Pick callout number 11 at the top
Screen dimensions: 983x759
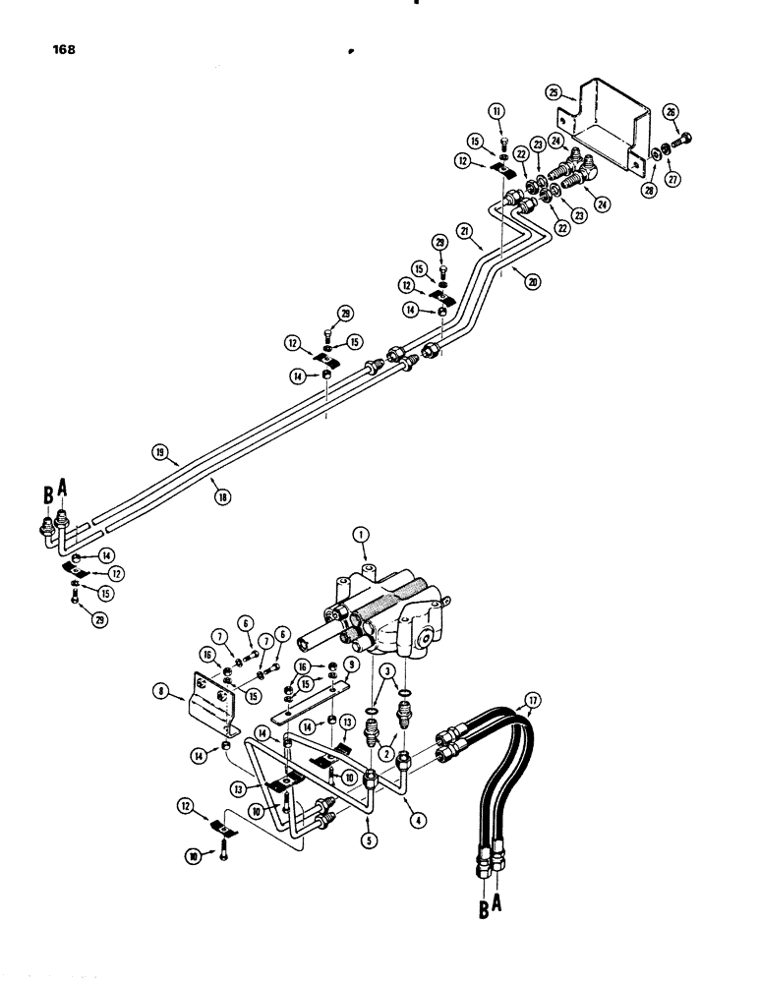(497, 113)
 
